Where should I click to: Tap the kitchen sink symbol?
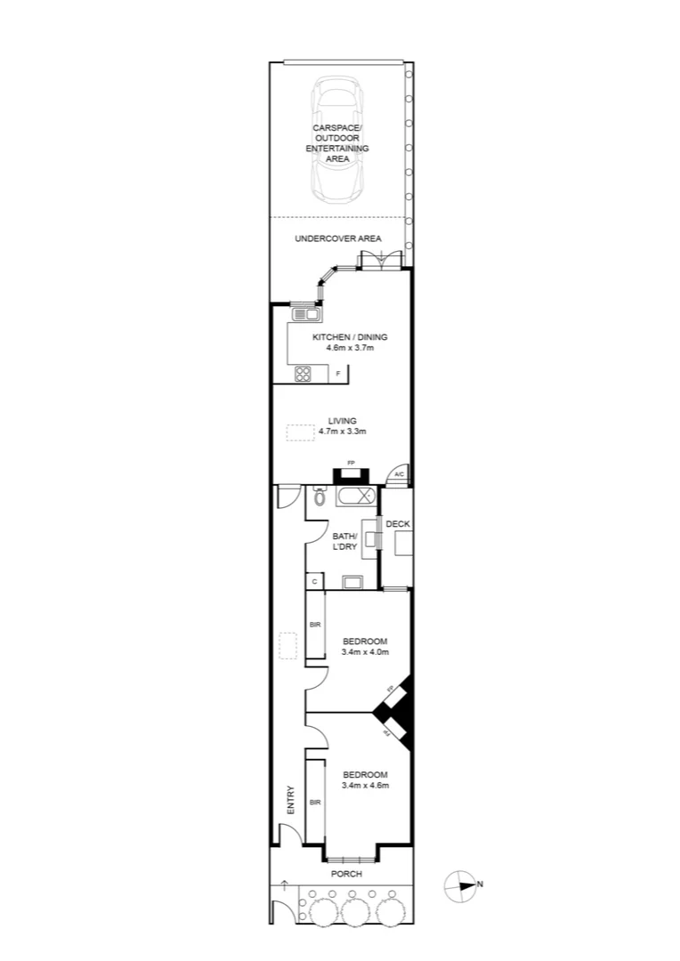(304, 313)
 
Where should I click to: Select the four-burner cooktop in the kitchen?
(304, 374)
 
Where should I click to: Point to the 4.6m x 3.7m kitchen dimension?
(349, 348)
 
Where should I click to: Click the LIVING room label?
(342, 421)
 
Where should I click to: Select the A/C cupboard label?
(399, 474)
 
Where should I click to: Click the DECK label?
(398, 524)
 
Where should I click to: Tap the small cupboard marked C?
(314, 581)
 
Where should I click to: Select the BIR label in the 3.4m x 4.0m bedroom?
(314, 626)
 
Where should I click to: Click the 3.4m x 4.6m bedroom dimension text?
(365, 786)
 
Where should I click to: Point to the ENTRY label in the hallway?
(290, 800)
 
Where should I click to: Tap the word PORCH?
(345, 874)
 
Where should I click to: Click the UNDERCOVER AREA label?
(338, 238)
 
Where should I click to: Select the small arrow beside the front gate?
(284, 884)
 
